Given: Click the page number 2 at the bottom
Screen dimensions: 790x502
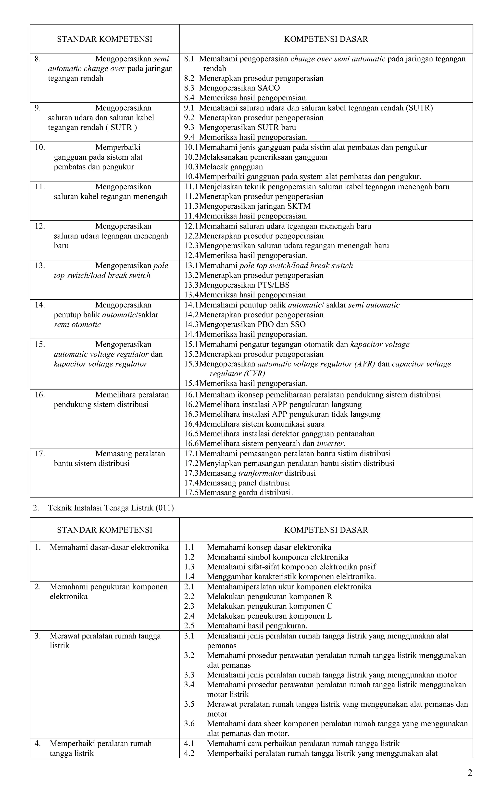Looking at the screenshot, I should click(470, 773).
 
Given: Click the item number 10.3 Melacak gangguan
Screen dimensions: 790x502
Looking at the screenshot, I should click(191, 167).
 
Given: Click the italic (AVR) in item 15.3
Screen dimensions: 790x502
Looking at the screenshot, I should click(365, 364).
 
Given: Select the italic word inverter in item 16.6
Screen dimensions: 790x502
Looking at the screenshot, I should click(330, 444).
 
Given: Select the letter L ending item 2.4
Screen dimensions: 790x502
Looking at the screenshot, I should click(329, 616).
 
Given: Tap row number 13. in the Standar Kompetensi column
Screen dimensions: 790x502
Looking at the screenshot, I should click(40, 265).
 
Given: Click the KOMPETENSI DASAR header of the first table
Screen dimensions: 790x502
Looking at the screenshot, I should click(326, 39).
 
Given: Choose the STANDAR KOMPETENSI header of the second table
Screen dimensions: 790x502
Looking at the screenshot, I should click(105, 530).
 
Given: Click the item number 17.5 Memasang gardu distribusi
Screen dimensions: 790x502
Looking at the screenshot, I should click(191, 492).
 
